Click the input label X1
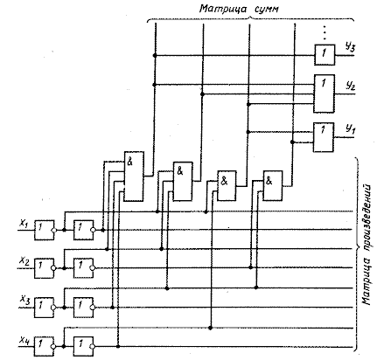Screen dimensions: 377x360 pyautogui.click(x=24, y=224)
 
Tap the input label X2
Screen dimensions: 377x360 pyautogui.click(x=24, y=261)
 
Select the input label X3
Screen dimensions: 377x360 pyautogui.click(x=25, y=300)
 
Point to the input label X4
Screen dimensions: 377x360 pyautogui.click(x=24, y=339)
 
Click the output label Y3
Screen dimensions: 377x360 pyautogui.click(x=350, y=47)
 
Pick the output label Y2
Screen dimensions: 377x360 pyautogui.click(x=350, y=87)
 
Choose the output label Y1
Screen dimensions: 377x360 pyautogui.click(x=350, y=128)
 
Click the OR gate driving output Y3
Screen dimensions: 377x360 pyautogui.click(x=325, y=55)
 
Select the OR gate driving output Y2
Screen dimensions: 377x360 pyautogui.click(x=324, y=93)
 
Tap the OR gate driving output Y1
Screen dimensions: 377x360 pyautogui.click(x=324, y=137)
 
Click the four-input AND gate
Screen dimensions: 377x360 pyautogui.click(x=134, y=177)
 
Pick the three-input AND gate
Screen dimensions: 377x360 pyautogui.click(x=183, y=181)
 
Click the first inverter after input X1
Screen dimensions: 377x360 pyautogui.click(x=45, y=230)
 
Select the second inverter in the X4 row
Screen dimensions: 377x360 pyautogui.click(x=84, y=347)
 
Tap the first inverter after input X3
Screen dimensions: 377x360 pyautogui.click(x=45, y=308)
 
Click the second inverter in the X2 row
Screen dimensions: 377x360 pyautogui.click(x=84, y=268)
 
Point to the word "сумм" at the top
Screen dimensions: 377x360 pyautogui.click(x=267, y=10)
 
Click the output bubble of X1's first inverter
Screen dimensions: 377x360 pyautogui.click(x=54, y=230)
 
